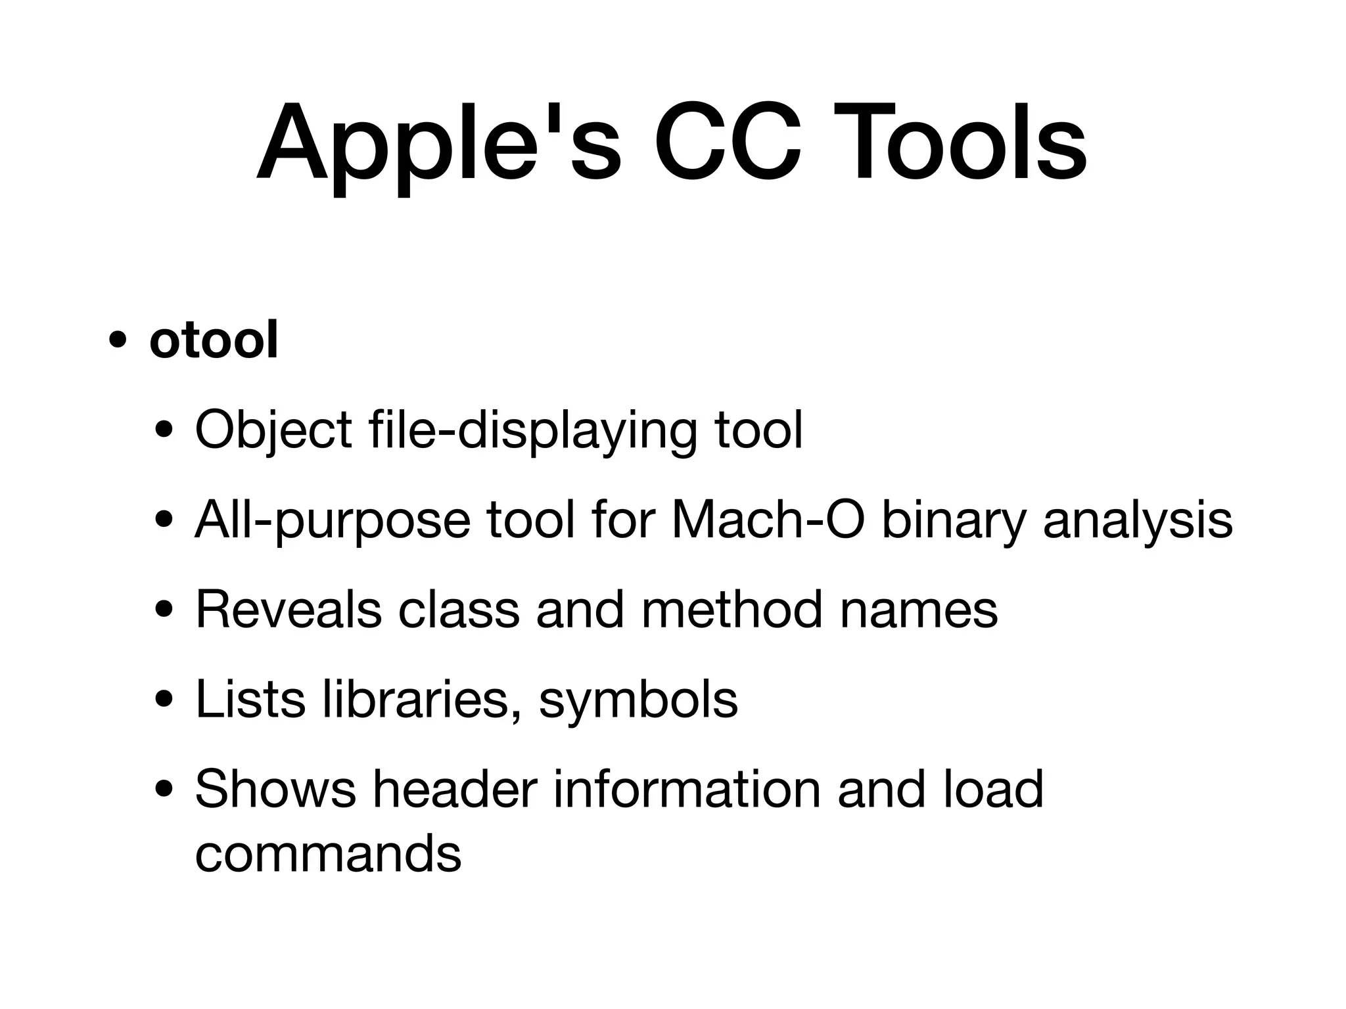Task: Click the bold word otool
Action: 214,340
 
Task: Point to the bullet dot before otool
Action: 118,342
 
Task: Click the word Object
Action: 273,431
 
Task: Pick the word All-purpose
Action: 332,521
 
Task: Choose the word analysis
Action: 1138,521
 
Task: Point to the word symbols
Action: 638,700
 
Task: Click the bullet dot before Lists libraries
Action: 164,700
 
